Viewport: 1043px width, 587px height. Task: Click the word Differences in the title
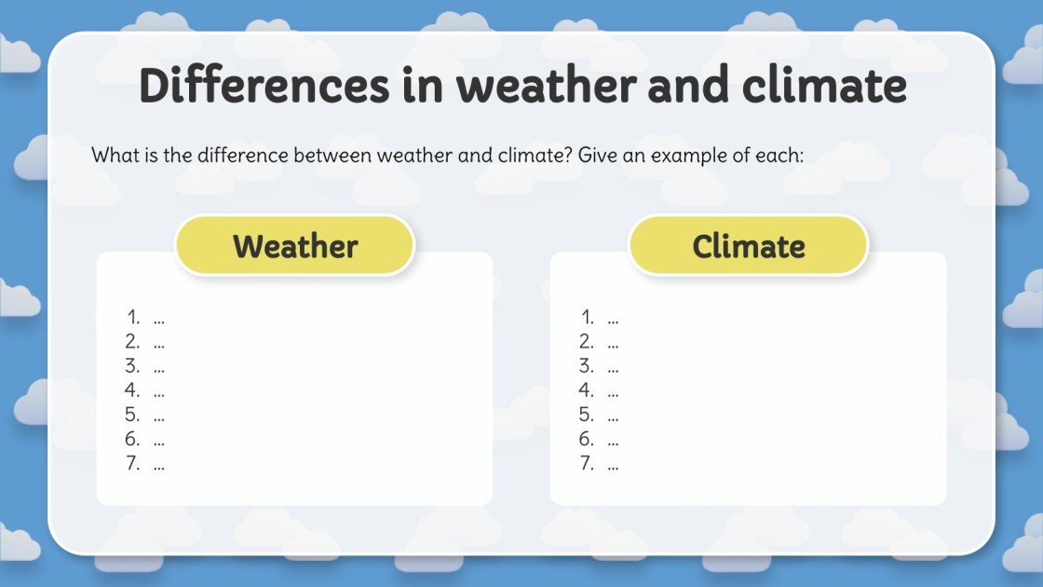coord(264,86)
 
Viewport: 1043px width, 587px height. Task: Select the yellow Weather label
coord(295,246)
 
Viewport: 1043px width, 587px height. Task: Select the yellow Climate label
coord(749,246)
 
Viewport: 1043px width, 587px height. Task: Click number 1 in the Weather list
coord(133,318)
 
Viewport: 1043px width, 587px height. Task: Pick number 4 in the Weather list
coord(132,390)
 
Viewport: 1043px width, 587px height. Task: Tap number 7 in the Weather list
coord(132,463)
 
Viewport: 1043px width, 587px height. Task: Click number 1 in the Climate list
coord(587,318)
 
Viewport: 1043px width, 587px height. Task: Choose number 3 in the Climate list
coord(586,366)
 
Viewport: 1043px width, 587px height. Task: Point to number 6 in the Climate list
coord(586,439)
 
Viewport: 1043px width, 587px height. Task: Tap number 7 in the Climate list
coord(586,463)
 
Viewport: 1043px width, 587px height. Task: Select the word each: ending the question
coord(778,155)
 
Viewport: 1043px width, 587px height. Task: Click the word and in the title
coord(688,86)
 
